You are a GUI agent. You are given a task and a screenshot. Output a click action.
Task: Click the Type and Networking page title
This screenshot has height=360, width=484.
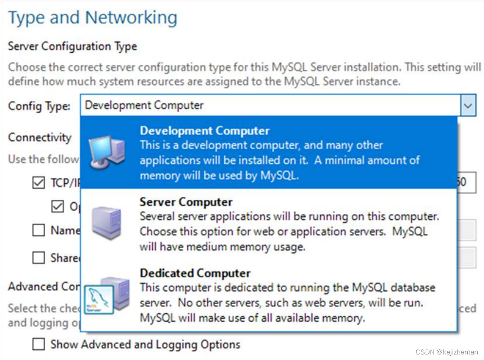pos(92,18)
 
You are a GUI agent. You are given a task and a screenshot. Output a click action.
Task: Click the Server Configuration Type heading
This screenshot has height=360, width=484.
pos(72,46)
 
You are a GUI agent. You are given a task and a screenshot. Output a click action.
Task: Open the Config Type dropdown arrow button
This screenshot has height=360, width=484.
pos(468,105)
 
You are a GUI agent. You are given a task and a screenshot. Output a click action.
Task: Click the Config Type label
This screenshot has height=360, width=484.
pos(39,106)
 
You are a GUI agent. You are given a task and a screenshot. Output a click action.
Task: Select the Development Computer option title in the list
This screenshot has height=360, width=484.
pos(204,130)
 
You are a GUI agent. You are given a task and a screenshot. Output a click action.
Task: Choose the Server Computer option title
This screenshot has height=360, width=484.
pos(186,202)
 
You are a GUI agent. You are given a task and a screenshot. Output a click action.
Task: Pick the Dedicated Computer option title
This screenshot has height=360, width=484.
pos(195,273)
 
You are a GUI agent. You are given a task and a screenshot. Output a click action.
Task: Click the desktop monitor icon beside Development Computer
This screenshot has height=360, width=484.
pos(106,152)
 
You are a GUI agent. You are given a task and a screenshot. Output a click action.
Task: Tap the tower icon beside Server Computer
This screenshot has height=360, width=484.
pos(106,222)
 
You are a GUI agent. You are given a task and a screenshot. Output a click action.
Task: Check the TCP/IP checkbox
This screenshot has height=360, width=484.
pos(38,183)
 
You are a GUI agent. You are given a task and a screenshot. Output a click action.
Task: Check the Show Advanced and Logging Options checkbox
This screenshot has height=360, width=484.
pos(38,344)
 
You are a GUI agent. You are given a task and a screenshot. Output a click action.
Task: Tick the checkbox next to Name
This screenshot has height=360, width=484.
pos(38,230)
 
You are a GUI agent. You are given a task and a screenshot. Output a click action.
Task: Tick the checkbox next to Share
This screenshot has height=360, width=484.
pos(38,258)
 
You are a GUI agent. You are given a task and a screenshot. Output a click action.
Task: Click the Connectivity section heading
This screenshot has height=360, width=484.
pos(40,137)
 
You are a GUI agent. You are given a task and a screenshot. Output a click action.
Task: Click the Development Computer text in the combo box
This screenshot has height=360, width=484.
pos(144,105)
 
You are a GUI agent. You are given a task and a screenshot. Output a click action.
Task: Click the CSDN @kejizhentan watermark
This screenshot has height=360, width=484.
pos(446,352)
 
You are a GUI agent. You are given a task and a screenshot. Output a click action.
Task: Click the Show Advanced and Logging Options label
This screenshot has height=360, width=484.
pos(145,344)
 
